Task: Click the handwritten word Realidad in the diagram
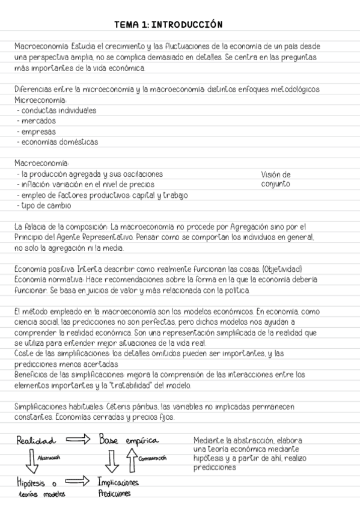pos(37,440)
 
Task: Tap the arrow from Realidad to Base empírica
pos(78,440)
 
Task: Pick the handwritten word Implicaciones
pos(119,482)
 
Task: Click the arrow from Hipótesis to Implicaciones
pos(76,482)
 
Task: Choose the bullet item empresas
pos(37,132)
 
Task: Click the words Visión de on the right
pos(276,174)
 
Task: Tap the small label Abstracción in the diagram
pos(50,457)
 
